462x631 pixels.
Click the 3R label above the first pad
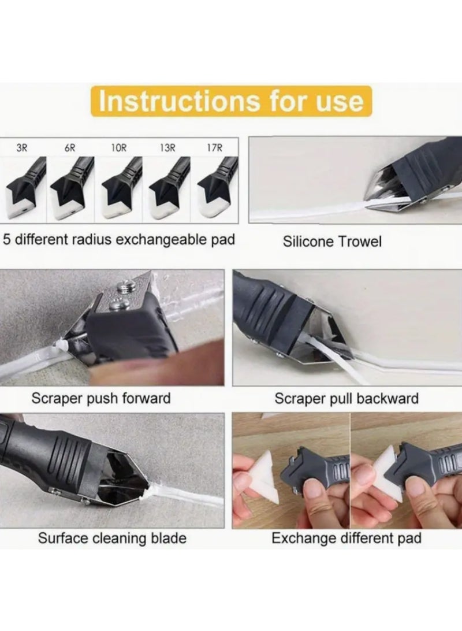click(x=22, y=147)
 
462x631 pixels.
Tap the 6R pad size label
click(x=69, y=147)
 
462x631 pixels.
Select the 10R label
click(x=118, y=147)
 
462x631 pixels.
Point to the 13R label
click(x=167, y=147)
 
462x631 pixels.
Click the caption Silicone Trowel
click(x=332, y=241)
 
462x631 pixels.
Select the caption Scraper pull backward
click(x=346, y=398)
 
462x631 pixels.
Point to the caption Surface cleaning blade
click(x=112, y=539)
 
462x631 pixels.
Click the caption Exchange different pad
click(x=346, y=539)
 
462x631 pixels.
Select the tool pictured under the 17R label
click(x=216, y=185)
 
